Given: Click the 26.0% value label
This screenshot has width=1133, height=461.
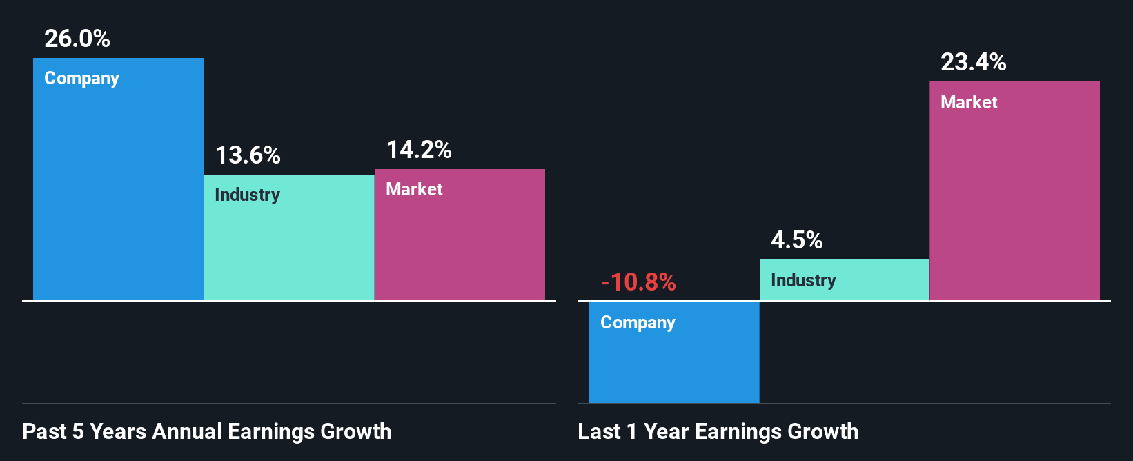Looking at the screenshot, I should coord(77,39).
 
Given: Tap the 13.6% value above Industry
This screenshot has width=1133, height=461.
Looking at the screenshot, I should coord(248,155).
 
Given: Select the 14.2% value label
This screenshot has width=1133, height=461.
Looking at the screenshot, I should coord(419,150).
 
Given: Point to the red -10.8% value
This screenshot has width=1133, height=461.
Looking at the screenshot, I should coord(638,282).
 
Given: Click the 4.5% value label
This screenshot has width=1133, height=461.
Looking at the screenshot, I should coord(797,240).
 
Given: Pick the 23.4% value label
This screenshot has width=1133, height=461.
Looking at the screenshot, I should coord(974,62).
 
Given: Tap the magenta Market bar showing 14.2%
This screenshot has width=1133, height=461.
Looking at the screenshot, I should coord(460,248).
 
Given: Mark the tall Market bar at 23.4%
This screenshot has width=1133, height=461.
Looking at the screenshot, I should coord(1014,207).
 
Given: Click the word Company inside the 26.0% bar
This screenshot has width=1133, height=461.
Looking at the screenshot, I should coord(81,79).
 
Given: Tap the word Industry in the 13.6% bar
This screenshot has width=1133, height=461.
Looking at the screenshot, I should coord(247,195).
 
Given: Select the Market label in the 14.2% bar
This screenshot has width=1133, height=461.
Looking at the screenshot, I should coord(414,189).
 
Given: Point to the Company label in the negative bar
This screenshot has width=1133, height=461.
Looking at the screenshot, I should coord(638,323).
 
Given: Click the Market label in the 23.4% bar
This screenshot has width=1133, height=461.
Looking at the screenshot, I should coord(969,102).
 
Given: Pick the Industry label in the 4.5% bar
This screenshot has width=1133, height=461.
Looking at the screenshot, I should coord(803,280).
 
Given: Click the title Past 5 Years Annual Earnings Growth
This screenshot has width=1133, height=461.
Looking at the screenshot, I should coord(207,431).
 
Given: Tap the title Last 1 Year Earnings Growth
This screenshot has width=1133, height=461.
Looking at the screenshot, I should coord(718,431).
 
